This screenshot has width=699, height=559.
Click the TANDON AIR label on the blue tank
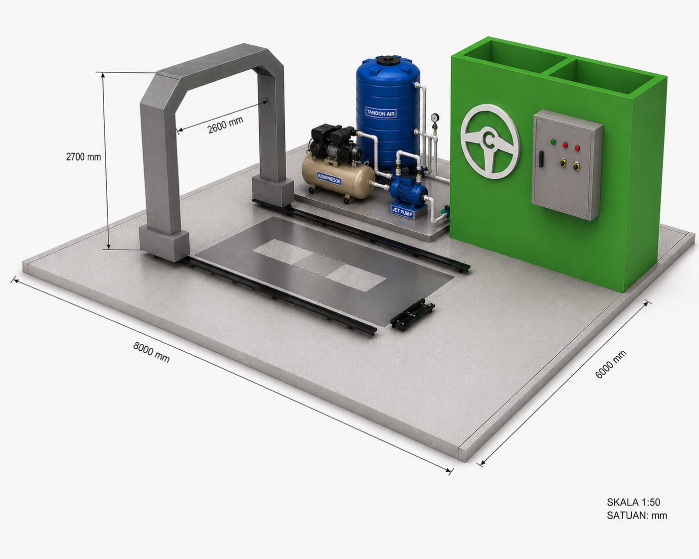pos(381,113)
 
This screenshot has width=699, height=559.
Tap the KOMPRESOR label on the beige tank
pos(330,178)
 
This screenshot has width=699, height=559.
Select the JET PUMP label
pos(402,212)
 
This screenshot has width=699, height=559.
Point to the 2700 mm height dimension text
pos(83,157)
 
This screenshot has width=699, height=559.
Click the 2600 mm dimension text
pos(225,125)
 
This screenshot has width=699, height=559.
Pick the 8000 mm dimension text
pos(152,352)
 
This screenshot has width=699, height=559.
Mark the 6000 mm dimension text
pos(611,364)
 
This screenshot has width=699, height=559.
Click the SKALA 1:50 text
pos(633,502)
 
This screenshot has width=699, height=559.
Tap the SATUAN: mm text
pos(637,516)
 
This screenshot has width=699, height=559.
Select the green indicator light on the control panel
pos(553,142)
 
